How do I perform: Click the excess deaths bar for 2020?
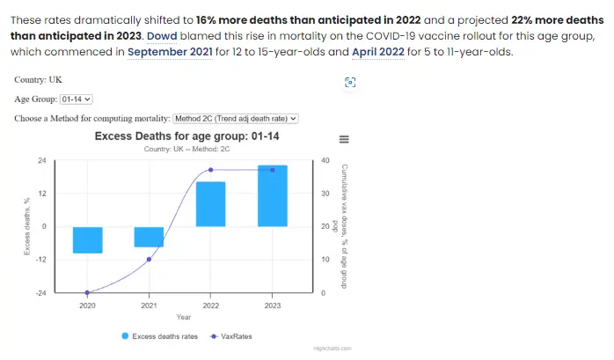[x=87, y=239]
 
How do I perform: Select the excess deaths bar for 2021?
[x=149, y=237]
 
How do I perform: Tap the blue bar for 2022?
[x=210, y=204]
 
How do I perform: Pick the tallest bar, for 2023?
[x=272, y=195]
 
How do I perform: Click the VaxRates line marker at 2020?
[x=87, y=292]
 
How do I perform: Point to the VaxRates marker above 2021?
[x=149, y=259]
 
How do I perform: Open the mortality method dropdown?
[x=237, y=118]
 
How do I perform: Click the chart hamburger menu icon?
[x=344, y=139]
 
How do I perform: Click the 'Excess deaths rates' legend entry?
[x=157, y=335]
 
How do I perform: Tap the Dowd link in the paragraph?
[x=160, y=37]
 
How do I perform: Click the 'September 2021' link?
[x=168, y=52]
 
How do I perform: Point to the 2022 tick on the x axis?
[x=210, y=305]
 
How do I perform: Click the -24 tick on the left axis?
[x=41, y=292]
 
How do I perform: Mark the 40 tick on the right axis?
[x=325, y=160]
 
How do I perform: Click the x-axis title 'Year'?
[x=183, y=317]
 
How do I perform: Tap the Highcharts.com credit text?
[x=333, y=349]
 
